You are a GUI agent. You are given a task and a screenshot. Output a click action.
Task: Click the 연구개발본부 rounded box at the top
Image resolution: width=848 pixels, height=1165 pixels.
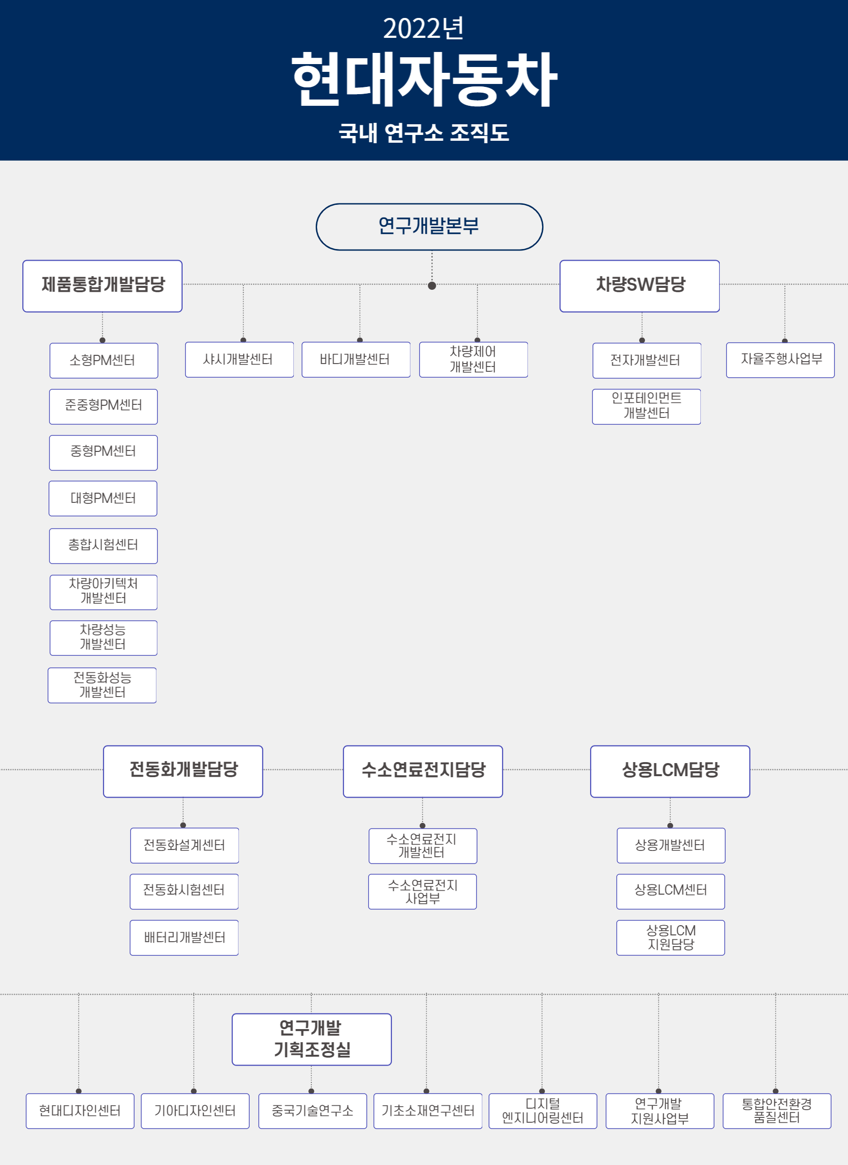pos(429,227)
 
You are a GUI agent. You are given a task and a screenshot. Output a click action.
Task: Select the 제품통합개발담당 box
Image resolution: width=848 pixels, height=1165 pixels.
pos(103,285)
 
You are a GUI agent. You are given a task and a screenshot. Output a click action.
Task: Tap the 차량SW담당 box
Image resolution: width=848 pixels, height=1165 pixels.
pos(639,285)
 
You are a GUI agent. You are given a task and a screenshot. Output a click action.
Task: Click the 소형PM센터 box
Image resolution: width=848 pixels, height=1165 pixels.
pos(103,360)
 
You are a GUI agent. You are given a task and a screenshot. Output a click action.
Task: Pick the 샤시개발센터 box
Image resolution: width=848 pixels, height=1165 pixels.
pos(239,359)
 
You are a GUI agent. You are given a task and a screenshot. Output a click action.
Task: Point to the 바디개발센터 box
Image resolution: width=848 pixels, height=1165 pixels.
pos(356,359)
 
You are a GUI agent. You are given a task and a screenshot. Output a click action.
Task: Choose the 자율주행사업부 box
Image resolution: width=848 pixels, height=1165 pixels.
pos(780,360)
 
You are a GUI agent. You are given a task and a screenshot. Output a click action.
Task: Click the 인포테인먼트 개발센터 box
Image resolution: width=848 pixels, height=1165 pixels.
pos(646,406)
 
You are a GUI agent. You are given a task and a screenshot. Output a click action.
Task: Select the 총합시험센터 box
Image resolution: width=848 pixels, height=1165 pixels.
pos(103,546)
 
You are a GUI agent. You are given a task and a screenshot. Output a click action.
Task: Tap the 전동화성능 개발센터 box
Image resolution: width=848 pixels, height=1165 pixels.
pos(102,685)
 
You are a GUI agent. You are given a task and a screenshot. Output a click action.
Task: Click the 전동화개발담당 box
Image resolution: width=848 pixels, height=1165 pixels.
pos(183,771)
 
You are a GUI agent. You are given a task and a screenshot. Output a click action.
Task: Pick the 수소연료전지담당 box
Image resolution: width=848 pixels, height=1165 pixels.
pos(423,771)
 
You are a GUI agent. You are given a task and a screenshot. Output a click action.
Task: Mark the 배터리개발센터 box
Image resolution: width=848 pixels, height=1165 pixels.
pos(184,937)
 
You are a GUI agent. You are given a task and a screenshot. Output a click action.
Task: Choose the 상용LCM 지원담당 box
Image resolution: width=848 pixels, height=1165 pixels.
pos(670,937)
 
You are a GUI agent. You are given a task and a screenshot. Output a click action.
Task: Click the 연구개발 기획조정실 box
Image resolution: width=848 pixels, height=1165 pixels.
pos(311,1039)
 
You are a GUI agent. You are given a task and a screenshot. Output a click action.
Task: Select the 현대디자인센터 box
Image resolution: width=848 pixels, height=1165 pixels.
pos(80,1111)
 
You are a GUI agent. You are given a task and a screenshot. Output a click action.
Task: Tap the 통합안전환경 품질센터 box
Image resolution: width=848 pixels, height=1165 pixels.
pos(777,1111)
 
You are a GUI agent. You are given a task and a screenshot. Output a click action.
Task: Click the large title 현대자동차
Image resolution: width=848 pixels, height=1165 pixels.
pos(424,80)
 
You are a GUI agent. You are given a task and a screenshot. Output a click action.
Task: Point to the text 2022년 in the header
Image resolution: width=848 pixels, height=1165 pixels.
pos(424,29)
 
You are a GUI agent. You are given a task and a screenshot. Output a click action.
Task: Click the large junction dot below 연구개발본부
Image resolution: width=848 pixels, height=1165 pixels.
pos(432,285)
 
